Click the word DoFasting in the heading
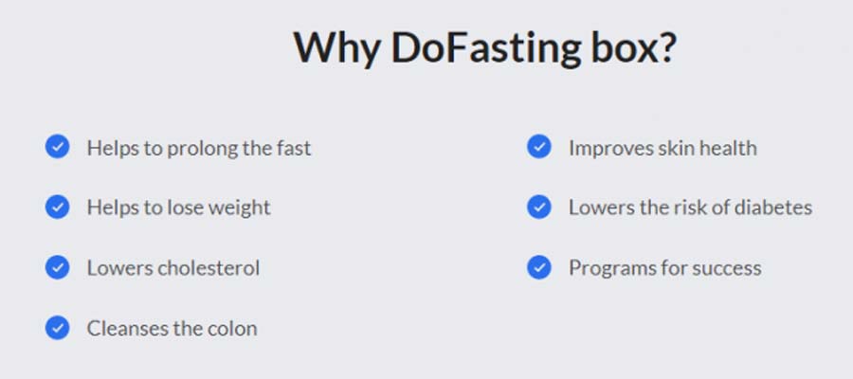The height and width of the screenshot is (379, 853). [x=486, y=49]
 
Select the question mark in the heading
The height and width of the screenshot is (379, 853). [x=666, y=46]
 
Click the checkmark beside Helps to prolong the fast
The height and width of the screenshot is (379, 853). [x=57, y=147]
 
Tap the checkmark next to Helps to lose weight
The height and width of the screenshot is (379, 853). [x=57, y=208]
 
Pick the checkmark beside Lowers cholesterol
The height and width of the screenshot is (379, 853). [x=57, y=267]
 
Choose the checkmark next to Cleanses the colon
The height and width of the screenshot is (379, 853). [x=57, y=328]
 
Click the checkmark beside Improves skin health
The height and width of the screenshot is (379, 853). [x=539, y=147]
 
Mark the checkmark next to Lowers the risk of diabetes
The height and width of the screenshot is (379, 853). [x=539, y=208]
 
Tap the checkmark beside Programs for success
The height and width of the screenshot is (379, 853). [x=539, y=267]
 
